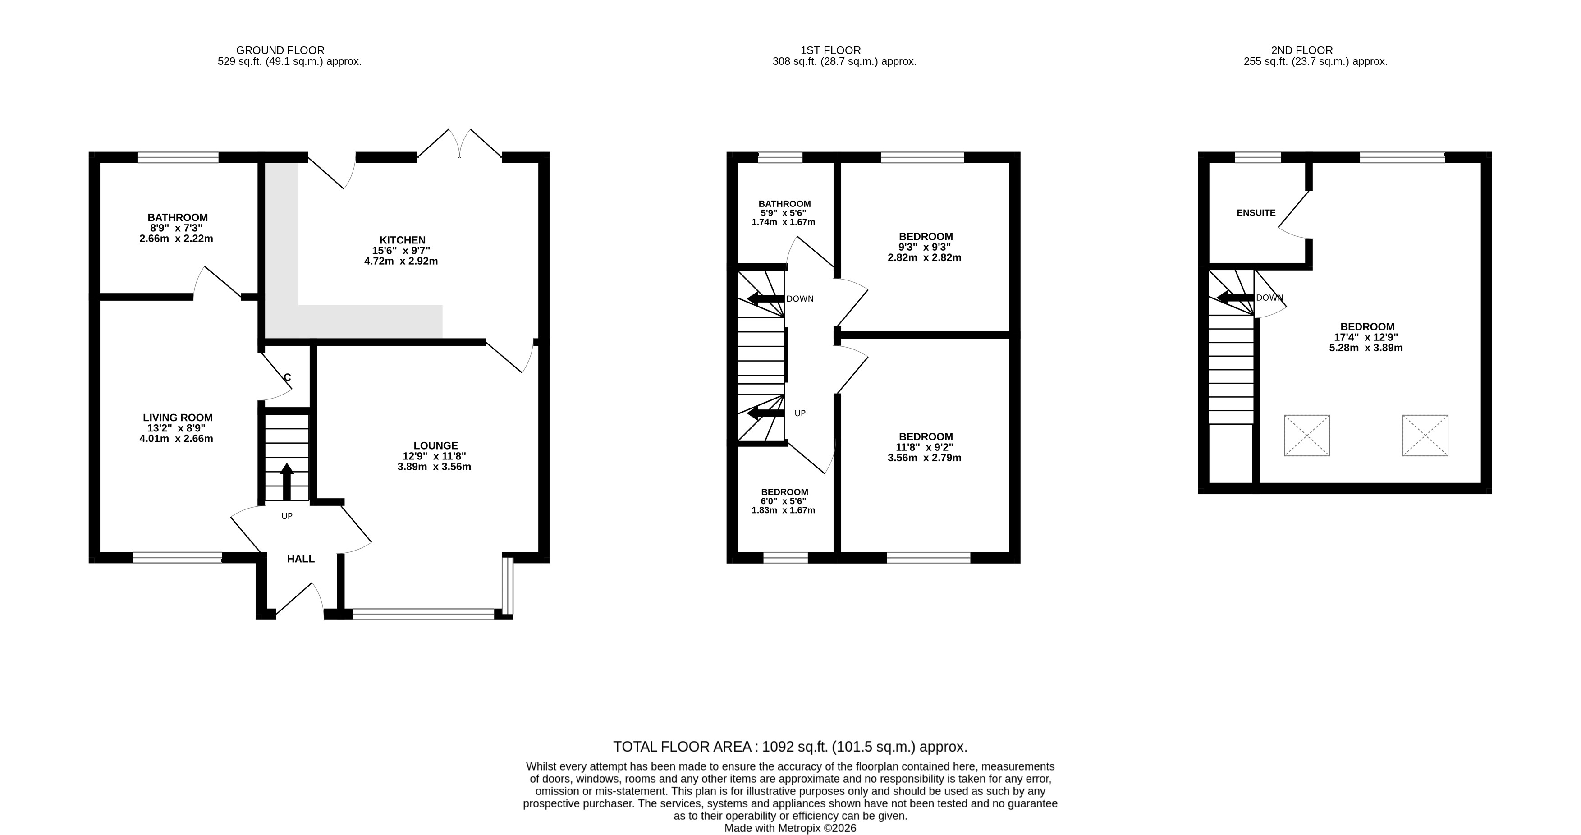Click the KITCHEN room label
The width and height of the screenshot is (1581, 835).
[x=402, y=240]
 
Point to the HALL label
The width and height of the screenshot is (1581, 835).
[x=301, y=559]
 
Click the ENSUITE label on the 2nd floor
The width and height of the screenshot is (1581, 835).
[x=1256, y=212]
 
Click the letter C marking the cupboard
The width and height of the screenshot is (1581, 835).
[x=287, y=377]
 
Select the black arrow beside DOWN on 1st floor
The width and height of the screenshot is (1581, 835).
[x=765, y=299]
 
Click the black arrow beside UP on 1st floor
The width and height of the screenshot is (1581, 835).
[x=765, y=413]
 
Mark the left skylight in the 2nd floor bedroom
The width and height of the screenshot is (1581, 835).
[x=1306, y=435]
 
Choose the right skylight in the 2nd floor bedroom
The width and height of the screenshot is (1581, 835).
[x=1425, y=435]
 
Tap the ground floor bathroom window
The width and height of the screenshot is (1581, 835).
[x=178, y=157]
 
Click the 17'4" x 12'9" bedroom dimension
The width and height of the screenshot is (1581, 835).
[x=1367, y=337]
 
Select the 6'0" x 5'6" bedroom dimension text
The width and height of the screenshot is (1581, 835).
[x=784, y=501]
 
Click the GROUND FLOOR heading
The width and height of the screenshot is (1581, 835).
[x=280, y=50]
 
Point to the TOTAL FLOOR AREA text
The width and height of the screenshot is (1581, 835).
[x=682, y=747]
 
